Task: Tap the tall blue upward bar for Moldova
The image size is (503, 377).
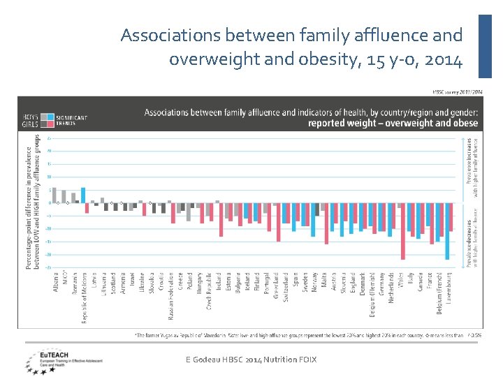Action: pyautogui.click(x=83, y=195)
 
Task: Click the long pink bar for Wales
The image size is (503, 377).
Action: pyautogui.click(x=403, y=232)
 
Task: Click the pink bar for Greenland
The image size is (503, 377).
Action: pyautogui.click(x=278, y=222)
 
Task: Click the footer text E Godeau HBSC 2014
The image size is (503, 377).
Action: pyautogui.click(x=251, y=359)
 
